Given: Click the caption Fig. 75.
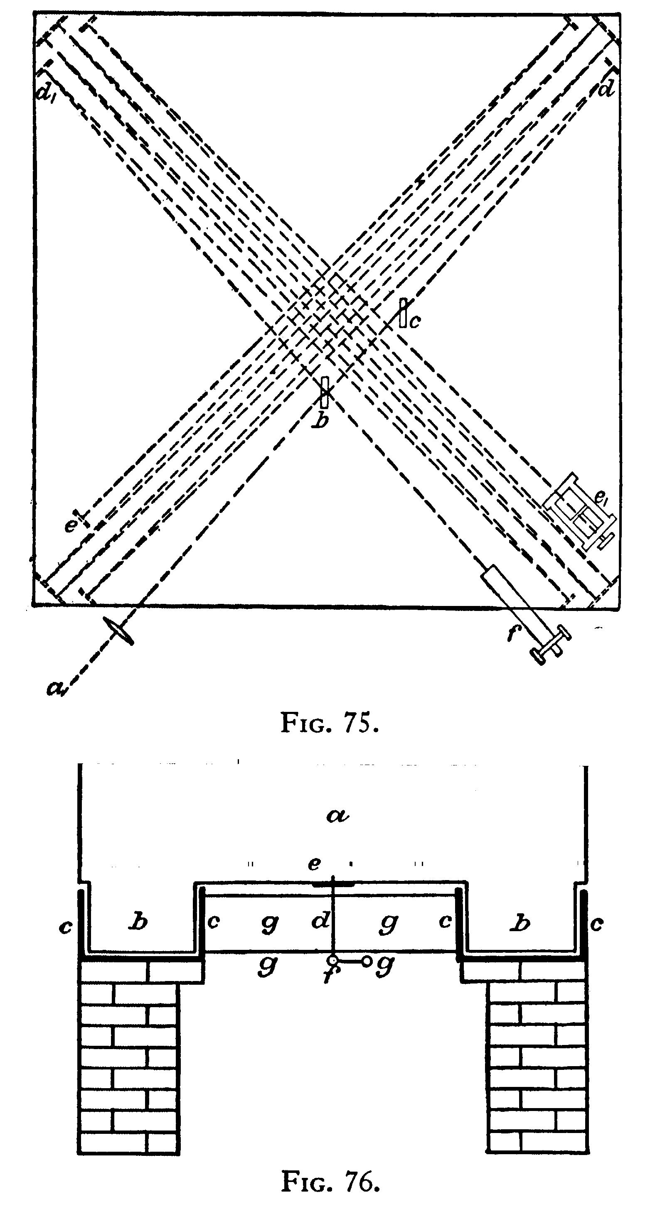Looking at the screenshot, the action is coord(330,722).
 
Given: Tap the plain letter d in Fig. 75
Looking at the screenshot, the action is coord(606,88).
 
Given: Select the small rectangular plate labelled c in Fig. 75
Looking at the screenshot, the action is coord(403,312).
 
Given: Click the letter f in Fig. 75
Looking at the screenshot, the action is coord(512,634).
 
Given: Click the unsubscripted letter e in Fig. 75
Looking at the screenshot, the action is coord(70,525).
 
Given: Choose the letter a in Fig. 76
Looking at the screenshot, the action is coord(338,815).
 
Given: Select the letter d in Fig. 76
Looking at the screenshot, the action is coord(320,920).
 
